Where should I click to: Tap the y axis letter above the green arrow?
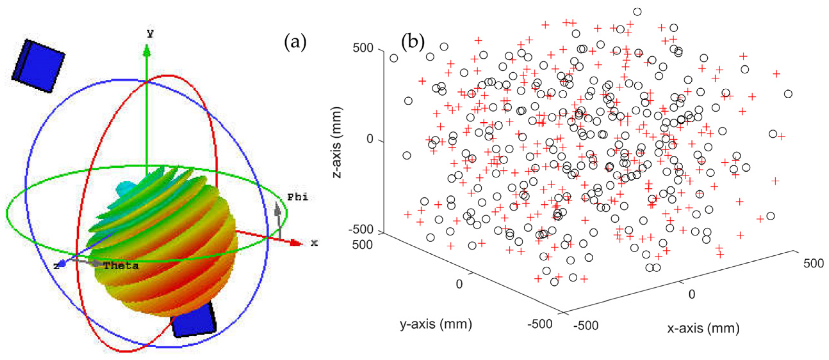150,33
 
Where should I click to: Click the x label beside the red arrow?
314,243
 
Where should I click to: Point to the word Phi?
297,197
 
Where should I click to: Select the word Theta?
121,266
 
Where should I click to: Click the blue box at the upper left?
38,66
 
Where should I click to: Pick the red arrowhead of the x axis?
295,243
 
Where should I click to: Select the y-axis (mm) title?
436,323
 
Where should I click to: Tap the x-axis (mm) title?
703,328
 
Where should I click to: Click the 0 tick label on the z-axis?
370,139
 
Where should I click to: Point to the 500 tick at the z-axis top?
363,48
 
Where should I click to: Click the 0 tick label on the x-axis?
692,294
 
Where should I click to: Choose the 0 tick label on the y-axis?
459,284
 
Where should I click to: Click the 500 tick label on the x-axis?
813,263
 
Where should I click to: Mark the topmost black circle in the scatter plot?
637,12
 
